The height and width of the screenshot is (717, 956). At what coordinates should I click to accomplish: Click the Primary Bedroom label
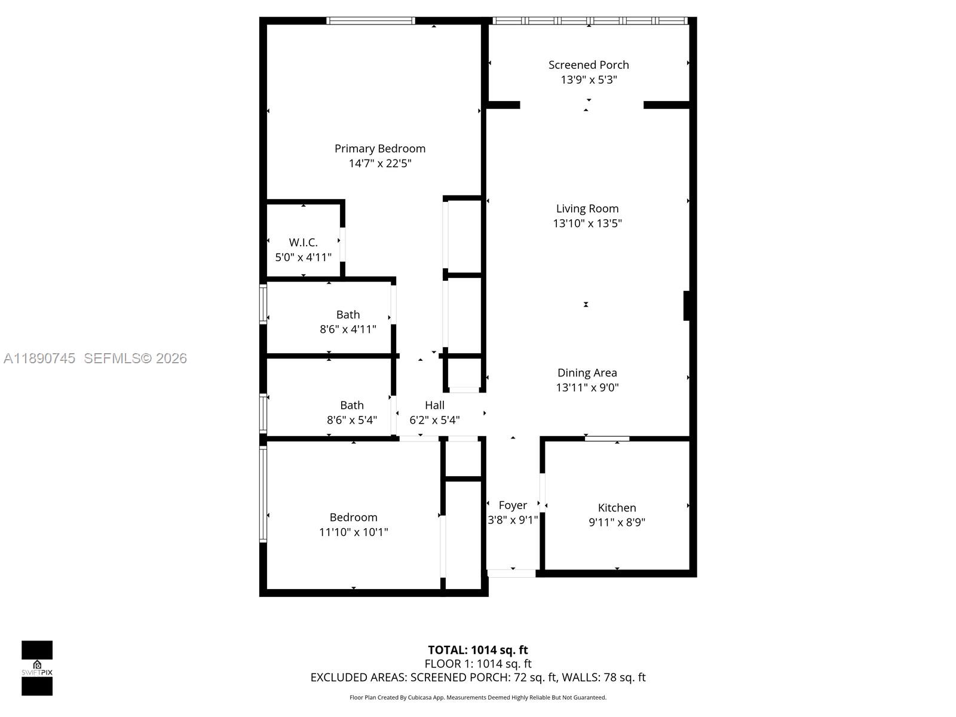click(x=380, y=148)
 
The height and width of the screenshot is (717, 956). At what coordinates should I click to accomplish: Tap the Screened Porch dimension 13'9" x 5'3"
click(x=589, y=79)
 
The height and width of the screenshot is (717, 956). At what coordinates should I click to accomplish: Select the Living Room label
click(x=587, y=209)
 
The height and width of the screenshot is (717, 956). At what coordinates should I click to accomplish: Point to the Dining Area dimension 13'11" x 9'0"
click(x=587, y=387)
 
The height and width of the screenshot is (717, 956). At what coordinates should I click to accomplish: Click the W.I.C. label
click(x=303, y=242)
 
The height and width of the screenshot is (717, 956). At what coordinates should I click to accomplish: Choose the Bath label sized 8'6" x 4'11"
click(x=348, y=314)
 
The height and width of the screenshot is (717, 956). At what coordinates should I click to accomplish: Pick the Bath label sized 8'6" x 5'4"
click(x=352, y=405)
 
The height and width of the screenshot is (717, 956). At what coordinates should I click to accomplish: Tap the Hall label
click(x=434, y=405)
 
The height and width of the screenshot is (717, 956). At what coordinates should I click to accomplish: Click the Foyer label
click(x=513, y=505)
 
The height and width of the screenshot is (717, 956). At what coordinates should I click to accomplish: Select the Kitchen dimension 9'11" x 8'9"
click(x=617, y=522)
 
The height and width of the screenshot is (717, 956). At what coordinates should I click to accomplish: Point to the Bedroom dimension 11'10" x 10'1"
click(x=354, y=532)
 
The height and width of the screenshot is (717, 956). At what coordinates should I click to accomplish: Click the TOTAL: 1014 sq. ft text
click(x=478, y=649)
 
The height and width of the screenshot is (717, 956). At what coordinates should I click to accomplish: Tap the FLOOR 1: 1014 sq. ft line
click(x=478, y=663)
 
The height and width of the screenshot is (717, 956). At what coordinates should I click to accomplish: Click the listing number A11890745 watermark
click(x=39, y=358)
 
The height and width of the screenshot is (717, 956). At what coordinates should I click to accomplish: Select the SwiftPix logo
click(x=37, y=667)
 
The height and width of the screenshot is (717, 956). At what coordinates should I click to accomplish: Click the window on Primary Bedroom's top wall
click(x=370, y=21)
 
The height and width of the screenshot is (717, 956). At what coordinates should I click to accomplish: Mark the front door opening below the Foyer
click(x=511, y=573)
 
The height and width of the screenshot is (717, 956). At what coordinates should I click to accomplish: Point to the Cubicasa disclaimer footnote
click(x=478, y=697)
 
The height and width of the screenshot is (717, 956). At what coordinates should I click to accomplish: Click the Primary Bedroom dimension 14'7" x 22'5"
click(x=380, y=163)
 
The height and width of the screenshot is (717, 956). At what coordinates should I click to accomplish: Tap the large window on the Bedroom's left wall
click(x=263, y=494)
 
